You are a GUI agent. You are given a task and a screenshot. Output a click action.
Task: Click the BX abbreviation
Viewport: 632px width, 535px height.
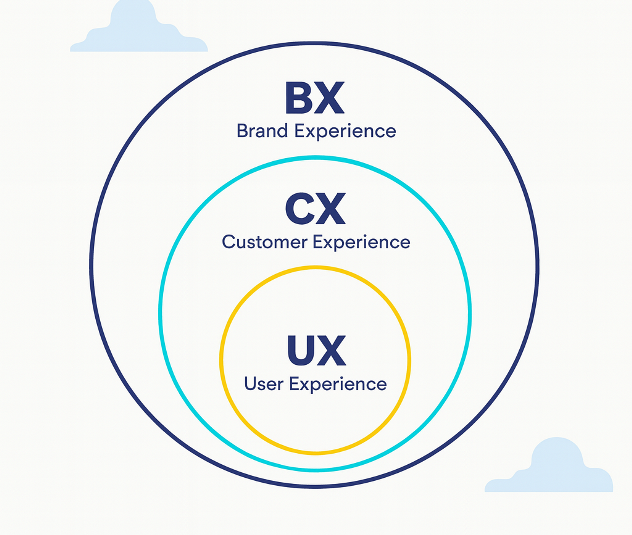[x=315, y=98]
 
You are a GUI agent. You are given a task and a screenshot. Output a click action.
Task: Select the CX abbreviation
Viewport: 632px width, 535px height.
[x=315, y=209]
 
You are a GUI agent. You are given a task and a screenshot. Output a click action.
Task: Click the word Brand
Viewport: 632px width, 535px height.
[x=262, y=131]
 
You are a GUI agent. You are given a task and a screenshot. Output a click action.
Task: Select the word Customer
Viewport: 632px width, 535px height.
[x=264, y=242]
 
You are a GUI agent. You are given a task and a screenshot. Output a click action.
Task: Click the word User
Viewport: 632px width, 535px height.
[x=264, y=384]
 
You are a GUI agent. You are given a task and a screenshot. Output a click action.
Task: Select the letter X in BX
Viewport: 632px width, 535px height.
[x=330, y=98]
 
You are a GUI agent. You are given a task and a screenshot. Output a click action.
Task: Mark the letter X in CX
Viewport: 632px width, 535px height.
[x=331, y=209]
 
